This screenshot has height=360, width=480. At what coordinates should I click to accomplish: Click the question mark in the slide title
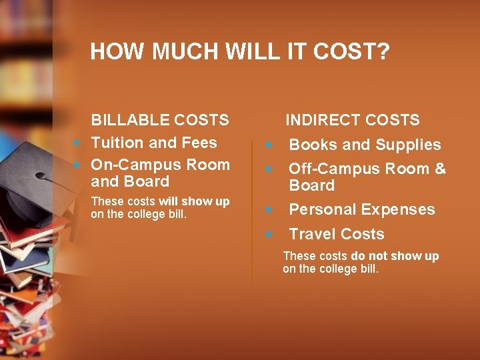click(x=383, y=52)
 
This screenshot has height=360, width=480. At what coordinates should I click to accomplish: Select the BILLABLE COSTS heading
click(x=160, y=120)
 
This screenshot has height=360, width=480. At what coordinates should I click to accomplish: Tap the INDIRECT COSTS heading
click(x=353, y=120)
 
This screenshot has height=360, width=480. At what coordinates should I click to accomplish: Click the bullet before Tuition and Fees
click(x=77, y=143)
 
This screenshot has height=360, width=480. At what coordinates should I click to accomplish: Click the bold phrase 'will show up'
click(x=194, y=201)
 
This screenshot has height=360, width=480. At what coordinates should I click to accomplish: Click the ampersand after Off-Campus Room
click(x=440, y=169)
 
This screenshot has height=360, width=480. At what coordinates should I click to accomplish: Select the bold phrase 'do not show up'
click(x=395, y=256)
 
